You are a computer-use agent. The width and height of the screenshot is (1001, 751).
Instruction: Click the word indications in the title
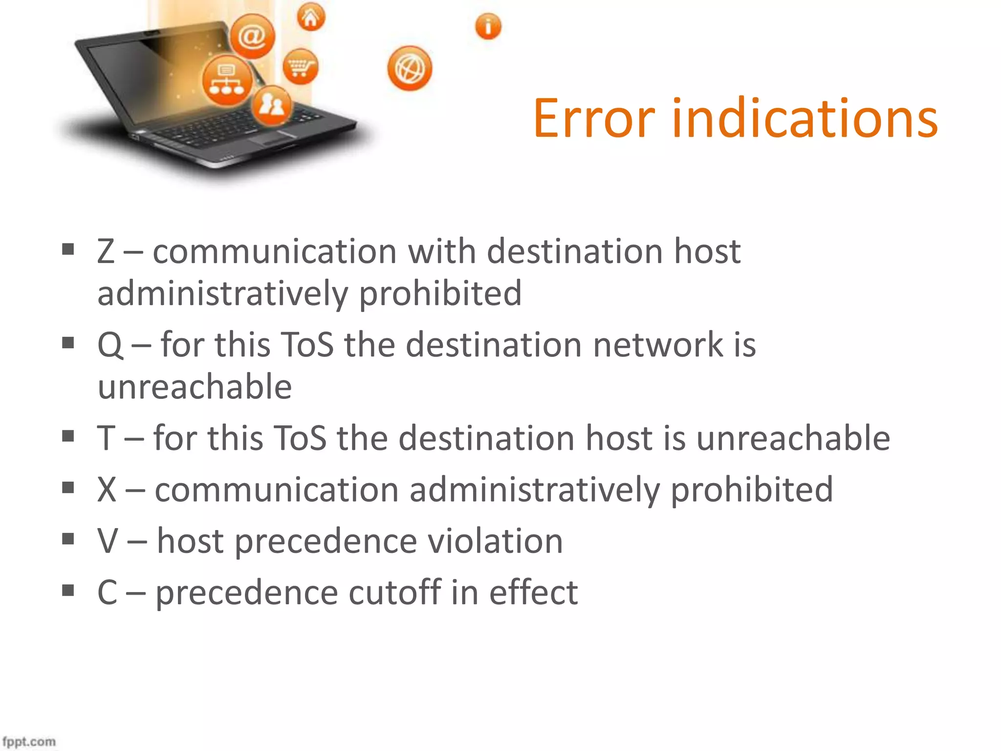[805, 118]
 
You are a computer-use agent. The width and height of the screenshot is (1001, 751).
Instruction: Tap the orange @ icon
[252, 36]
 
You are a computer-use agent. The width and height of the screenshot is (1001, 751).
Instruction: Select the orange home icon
[311, 18]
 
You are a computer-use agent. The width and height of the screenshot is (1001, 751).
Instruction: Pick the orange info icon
[488, 26]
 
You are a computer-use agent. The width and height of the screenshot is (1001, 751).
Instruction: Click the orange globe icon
[410, 68]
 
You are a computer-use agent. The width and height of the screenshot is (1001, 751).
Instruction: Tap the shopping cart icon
[300, 66]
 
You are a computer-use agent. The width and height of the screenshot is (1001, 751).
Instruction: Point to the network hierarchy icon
[227, 81]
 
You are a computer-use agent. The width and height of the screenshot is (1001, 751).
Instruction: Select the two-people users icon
[272, 105]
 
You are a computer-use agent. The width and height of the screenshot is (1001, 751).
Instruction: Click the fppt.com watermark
[29, 741]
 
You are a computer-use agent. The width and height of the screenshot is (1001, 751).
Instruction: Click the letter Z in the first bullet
[106, 252]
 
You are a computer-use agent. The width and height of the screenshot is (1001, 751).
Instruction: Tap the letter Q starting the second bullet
[110, 345]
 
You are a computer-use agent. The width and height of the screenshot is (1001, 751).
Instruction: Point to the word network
[658, 345]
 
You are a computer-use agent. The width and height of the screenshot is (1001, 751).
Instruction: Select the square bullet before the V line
[68, 539]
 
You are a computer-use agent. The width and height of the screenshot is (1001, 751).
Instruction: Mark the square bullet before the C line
[68, 591]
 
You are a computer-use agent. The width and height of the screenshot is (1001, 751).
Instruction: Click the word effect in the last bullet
[533, 593]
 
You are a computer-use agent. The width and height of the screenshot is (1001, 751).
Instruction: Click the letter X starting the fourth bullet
[107, 489]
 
